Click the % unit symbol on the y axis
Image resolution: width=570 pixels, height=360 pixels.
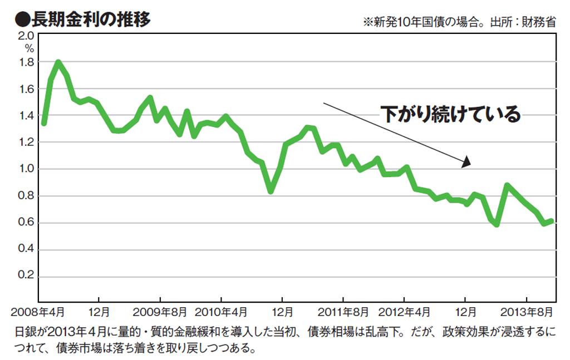coord(29,48)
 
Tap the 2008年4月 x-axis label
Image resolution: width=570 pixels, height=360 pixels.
coord(37,311)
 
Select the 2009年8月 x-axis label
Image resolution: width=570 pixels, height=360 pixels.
coord(160,311)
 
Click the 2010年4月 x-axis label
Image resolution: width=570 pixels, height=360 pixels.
coord(221,311)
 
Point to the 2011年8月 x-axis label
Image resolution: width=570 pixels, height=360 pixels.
coord(343,311)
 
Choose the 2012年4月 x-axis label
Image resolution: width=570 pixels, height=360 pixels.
coord(405,311)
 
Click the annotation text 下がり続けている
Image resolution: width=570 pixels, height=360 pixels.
coord(451,114)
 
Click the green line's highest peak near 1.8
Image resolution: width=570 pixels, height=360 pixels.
coord(58,62)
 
